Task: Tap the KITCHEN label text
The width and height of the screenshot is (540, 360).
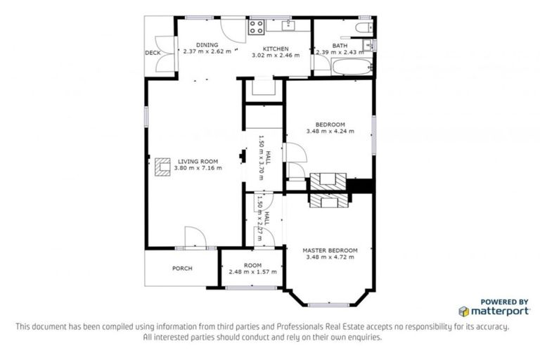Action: pyautogui.click(x=276, y=49)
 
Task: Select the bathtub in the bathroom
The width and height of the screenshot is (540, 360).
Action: pyautogui.click(x=350, y=68)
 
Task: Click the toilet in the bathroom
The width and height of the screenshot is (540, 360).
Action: pyautogui.click(x=364, y=28)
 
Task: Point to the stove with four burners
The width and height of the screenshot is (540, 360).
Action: pyautogui.click(x=256, y=28)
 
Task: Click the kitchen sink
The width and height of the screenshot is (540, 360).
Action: pyautogui.click(x=288, y=27)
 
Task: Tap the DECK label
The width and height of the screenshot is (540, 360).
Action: pyautogui.click(x=153, y=53)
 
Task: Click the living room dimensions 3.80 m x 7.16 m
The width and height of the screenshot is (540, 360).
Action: pyautogui.click(x=199, y=168)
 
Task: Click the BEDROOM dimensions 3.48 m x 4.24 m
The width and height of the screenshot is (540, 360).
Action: pyautogui.click(x=330, y=131)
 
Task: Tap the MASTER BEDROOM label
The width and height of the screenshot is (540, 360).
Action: pyautogui.click(x=330, y=250)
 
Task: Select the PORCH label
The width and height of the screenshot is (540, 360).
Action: pyautogui.click(x=182, y=268)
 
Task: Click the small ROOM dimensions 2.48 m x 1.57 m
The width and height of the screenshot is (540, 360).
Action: pyautogui.click(x=252, y=271)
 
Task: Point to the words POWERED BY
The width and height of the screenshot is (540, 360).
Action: pyautogui.click(x=504, y=300)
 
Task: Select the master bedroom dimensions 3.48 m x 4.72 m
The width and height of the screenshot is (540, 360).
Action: pyautogui.click(x=330, y=257)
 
